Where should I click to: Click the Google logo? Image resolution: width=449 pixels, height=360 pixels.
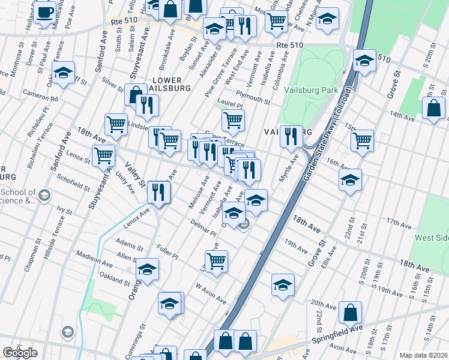20,353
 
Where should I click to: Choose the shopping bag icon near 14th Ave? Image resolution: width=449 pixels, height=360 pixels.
433,108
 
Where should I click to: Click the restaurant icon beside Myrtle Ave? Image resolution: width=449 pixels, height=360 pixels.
291,136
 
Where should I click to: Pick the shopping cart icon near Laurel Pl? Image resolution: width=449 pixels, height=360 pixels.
233,120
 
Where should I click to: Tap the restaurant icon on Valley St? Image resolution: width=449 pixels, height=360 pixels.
158,192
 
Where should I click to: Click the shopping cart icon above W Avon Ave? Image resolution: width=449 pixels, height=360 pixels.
216,260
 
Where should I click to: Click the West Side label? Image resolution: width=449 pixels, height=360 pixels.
432,238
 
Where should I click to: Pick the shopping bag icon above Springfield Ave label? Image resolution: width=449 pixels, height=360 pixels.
350,312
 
